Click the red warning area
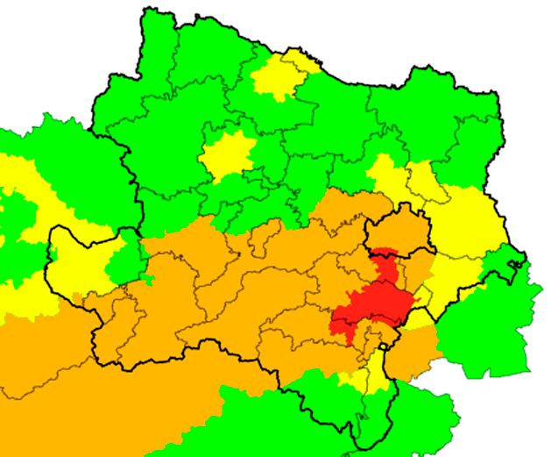click(x=372, y=307)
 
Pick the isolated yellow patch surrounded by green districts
click(x=226, y=156)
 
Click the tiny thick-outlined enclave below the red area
click(x=384, y=346)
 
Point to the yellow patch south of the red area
click(x=372, y=373)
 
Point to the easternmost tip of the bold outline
click(x=524, y=263)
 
